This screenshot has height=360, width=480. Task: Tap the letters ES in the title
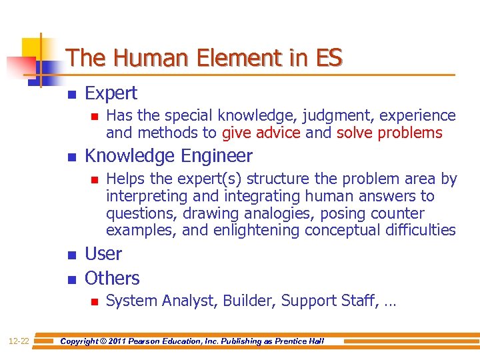coord(329,58)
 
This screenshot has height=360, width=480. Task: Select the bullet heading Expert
coord(111,93)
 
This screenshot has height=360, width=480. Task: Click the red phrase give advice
coord(261,133)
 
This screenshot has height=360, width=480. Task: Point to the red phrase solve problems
coord(389,133)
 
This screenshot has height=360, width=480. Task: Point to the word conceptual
coord(343,231)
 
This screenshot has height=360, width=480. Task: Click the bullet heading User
coord(103,254)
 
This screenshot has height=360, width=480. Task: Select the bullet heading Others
coord(112,278)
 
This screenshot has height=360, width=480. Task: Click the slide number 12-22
coord(19,341)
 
